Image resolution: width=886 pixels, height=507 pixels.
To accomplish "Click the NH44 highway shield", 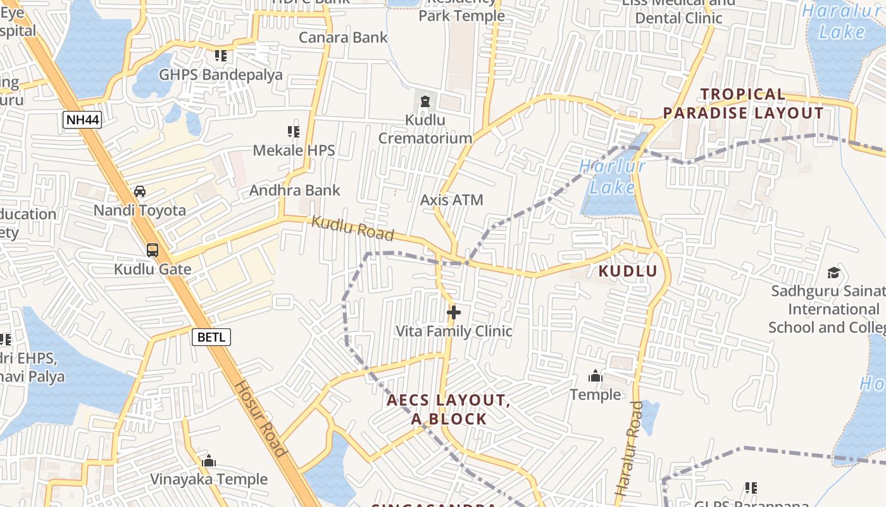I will point(82,120).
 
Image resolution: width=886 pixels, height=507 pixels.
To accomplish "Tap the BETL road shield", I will point(211,337).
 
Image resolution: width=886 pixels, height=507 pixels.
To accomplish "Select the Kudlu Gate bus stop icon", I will point(153,250).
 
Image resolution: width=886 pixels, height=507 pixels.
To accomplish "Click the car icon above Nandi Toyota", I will point(140,191).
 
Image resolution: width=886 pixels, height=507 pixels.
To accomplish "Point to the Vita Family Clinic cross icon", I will point(453,312).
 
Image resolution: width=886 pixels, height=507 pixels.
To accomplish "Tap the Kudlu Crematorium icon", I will point(425,101).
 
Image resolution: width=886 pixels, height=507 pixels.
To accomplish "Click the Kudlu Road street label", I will point(353,229).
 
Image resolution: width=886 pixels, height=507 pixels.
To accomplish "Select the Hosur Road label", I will point(261,418).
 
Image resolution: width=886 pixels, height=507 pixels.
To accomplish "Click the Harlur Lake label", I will point(612,177).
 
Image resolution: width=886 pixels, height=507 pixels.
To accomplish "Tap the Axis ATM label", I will point(451,200).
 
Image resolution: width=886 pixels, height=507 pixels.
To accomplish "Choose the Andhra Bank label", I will point(294,190).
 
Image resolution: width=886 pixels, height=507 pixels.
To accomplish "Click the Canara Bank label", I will point(343,37).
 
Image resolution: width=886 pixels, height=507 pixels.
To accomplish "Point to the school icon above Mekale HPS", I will point(293,132).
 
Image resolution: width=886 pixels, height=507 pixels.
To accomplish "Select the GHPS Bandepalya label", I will point(221,75).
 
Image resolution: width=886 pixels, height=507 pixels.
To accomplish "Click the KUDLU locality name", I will point(628,271).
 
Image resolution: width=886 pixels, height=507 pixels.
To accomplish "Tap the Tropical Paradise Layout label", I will point(743,104).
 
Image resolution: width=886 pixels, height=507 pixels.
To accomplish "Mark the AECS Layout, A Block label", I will point(449,409).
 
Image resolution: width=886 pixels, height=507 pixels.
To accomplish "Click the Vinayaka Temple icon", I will point(209,461).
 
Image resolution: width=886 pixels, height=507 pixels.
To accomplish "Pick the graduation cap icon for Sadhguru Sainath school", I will point(833,273).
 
